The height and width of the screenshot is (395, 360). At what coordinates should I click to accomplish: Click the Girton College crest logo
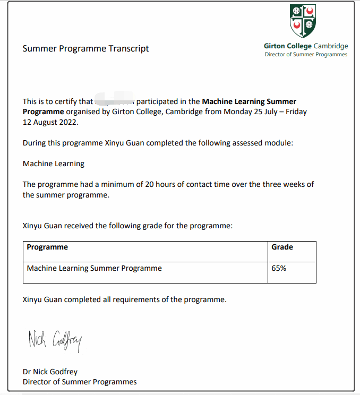[303, 21]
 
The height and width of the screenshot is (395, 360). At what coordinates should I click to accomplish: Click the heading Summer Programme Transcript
[85, 49]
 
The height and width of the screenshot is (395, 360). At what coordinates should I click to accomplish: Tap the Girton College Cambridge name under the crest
[306, 46]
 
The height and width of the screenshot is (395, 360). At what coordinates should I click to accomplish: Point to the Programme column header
[47, 247]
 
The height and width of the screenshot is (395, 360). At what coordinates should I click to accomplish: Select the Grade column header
[282, 247]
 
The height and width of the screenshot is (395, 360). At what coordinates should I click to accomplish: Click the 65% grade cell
[279, 268]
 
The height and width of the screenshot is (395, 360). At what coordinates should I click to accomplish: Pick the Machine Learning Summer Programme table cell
[94, 268]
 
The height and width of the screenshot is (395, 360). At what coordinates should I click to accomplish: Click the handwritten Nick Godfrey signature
[55, 340]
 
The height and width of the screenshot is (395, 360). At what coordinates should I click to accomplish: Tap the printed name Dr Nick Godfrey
[50, 372]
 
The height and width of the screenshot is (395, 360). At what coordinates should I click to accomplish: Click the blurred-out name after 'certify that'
[114, 101]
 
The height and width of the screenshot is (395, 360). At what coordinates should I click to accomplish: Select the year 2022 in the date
[68, 122]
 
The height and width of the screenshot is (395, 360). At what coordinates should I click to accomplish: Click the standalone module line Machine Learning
[54, 164]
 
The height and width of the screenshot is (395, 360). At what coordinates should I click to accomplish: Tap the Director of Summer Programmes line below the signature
[80, 382]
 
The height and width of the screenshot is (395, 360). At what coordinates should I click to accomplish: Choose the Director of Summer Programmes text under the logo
[306, 55]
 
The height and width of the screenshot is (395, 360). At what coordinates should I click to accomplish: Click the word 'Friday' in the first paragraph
[295, 111]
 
